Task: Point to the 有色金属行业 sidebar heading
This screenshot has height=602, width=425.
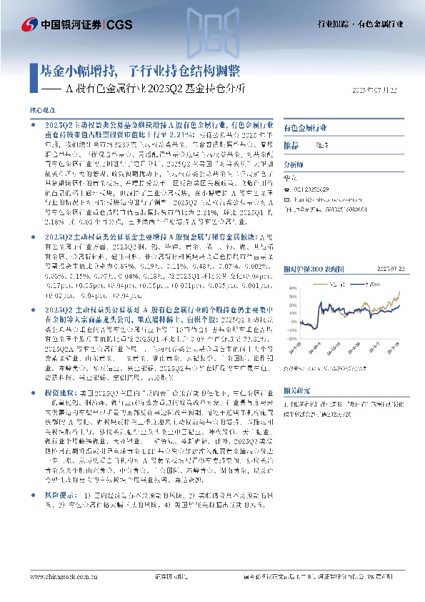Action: pos(307,127)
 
